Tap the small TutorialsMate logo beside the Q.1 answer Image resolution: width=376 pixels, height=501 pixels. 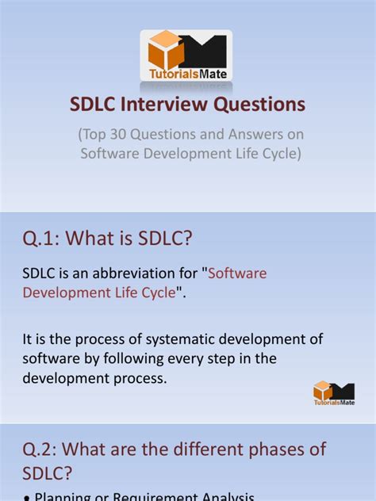tap(333, 392)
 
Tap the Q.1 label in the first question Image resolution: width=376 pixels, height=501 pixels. tap(44, 238)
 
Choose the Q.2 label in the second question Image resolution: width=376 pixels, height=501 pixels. tap(44, 449)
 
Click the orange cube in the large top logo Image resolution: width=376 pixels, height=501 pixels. tap(166, 50)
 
